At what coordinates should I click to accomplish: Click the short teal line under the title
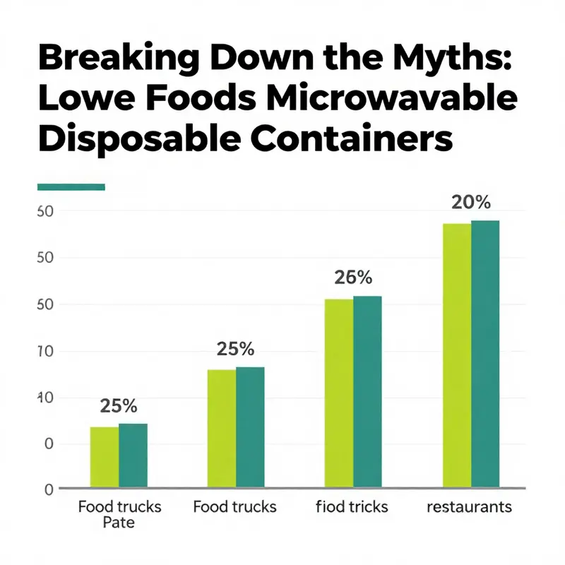pos(70,187)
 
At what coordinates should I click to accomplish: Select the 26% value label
pos(353,278)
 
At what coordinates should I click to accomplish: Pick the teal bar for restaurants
pos(485,354)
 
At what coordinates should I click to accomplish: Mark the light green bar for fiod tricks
pos(339,393)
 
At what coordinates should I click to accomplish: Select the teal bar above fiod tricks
pos(367,391)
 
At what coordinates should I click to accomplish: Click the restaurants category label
pos(470,507)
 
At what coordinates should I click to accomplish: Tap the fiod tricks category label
pos(352,507)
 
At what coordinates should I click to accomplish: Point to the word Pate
pos(119,523)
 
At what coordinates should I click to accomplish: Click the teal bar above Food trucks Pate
pos(133,456)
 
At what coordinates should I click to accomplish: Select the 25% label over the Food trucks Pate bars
pos(119,406)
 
